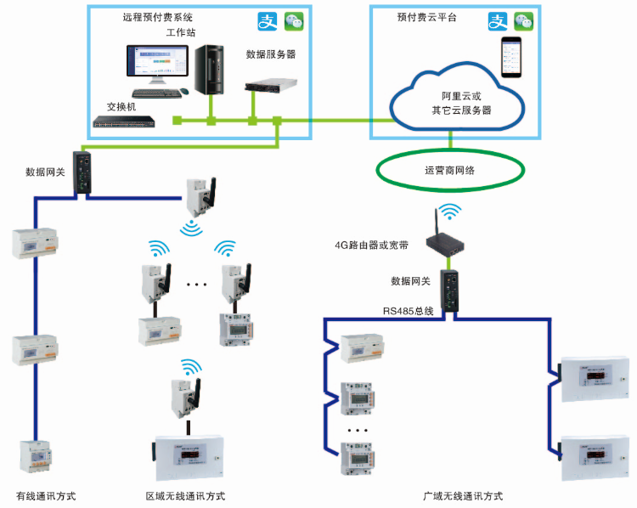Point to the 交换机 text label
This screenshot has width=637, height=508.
pos(121,107)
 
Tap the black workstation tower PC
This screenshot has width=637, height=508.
pos(208,70)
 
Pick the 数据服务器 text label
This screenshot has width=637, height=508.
pos(271,53)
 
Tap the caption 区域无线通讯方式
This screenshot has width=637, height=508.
pos(185,495)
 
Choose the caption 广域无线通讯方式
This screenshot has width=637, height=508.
pos(463,495)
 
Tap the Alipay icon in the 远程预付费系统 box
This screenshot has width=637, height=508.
pos(268,20)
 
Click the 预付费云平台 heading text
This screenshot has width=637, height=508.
pos(426,17)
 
